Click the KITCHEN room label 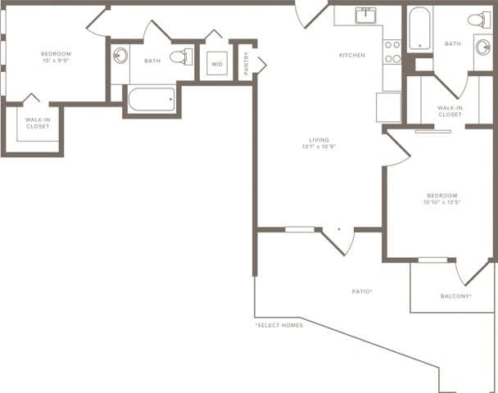[352, 56]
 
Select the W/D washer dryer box [217, 64]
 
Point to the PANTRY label [246, 62]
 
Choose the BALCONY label [455, 296]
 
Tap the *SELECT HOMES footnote [278, 325]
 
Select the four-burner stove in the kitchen [392, 52]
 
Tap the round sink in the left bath [120, 56]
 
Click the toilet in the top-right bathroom [479, 19]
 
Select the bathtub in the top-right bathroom [419, 27]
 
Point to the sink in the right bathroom [482, 46]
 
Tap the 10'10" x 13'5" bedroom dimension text [440, 201]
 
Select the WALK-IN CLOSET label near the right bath [450, 111]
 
